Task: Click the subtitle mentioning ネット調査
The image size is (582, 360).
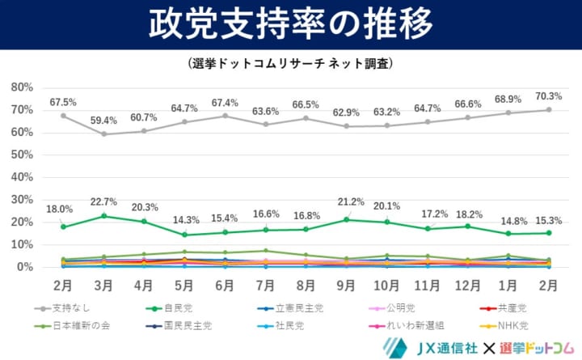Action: click(290, 62)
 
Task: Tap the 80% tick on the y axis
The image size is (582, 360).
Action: click(22, 87)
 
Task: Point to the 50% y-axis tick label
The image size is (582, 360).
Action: click(22, 155)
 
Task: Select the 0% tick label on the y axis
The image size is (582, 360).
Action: click(25, 267)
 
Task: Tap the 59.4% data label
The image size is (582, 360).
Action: click(103, 121)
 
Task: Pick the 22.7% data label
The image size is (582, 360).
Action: click(103, 202)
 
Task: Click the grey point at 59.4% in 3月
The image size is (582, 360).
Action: click(103, 133)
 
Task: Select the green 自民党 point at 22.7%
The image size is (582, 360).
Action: click(103, 216)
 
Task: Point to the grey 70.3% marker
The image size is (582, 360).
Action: click(549, 109)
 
